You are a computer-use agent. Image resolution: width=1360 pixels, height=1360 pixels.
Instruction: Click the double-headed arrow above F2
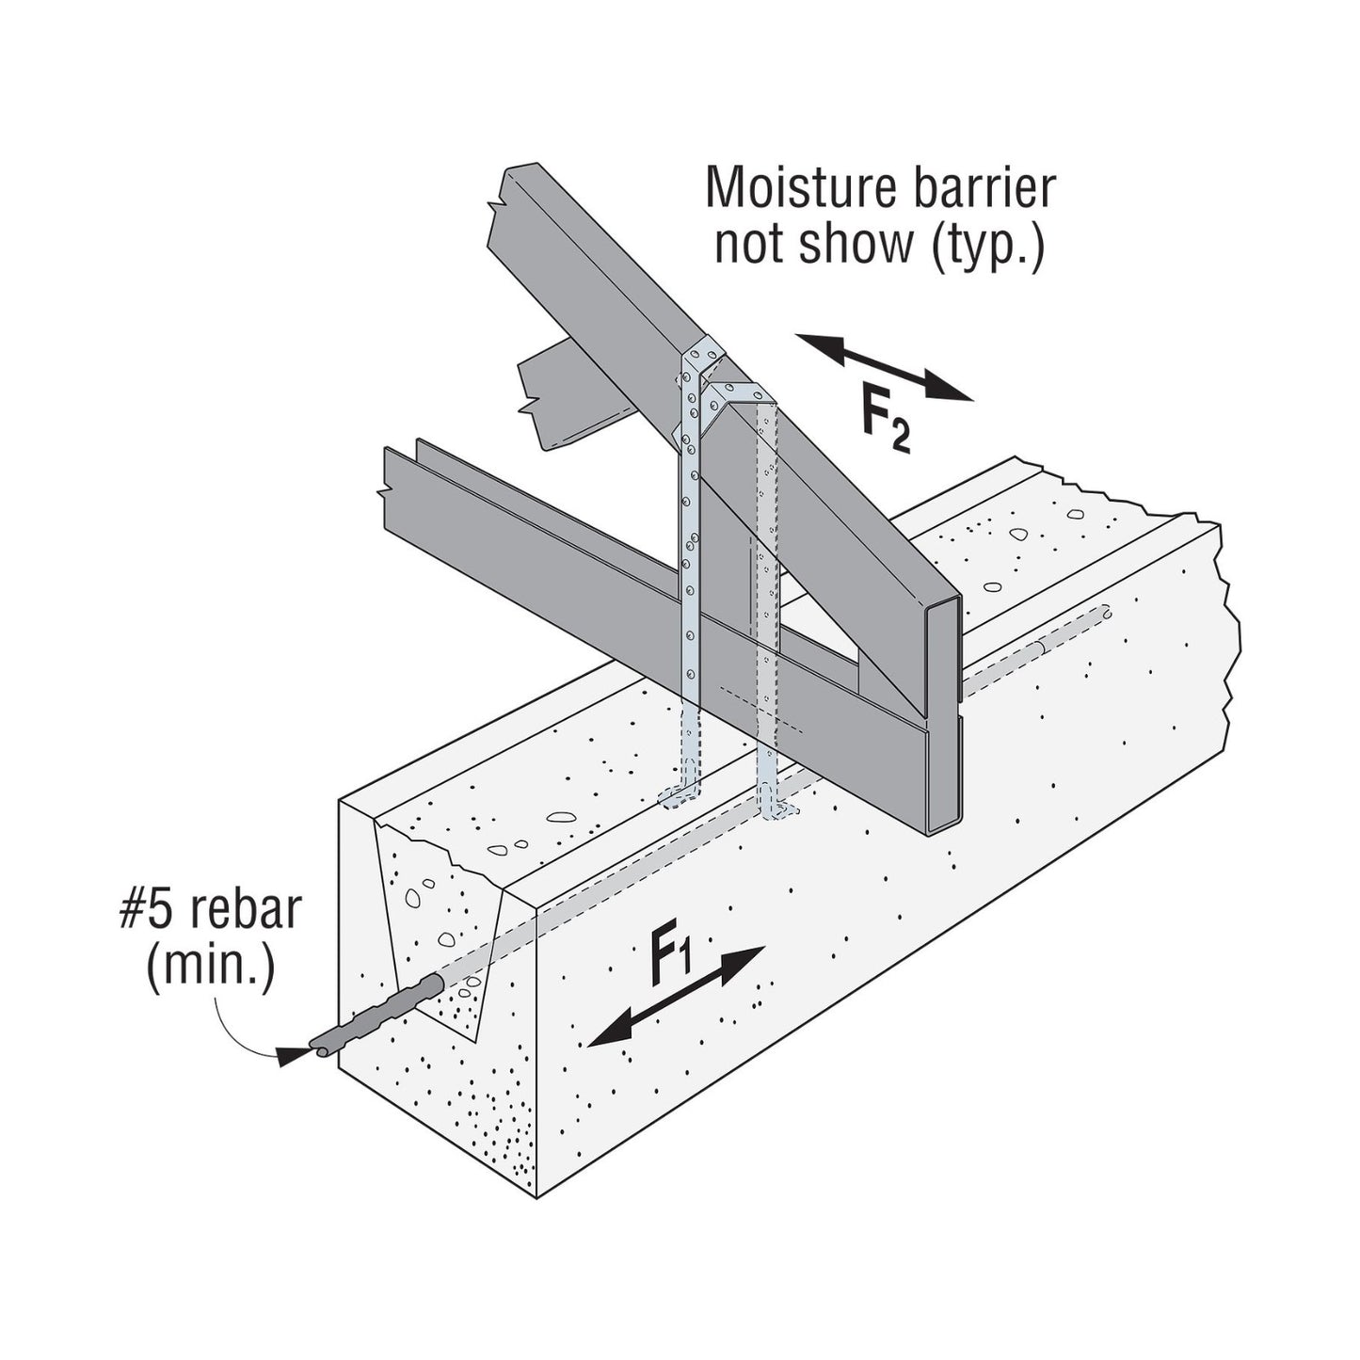click(885, 369)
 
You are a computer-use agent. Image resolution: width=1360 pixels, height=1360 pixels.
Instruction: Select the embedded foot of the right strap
click(777, 809)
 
